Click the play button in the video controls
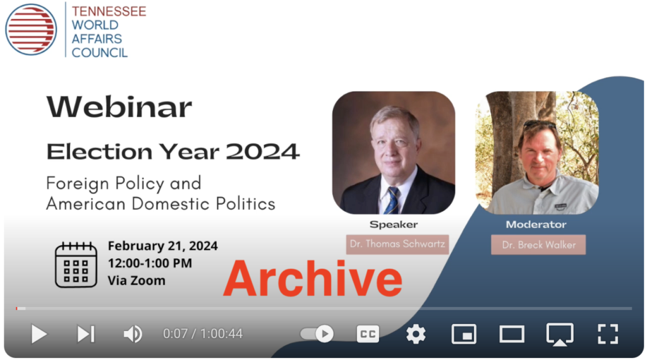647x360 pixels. coord(39,334)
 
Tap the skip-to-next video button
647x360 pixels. coord(86,334)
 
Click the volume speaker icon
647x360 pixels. coord(133,334)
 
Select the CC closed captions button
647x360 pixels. coord(368,334)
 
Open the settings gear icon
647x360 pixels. coord(416,334)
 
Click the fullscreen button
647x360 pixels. coord(608,334)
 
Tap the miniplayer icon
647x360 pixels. coord(464,334)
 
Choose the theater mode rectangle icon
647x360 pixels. coord(512,334)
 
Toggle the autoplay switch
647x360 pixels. coord(317,333)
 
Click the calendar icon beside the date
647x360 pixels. coord(76,265)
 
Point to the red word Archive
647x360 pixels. coord(313,279)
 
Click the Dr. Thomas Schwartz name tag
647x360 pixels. coord(397,244)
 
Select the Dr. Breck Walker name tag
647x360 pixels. coord(538,245)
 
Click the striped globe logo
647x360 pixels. coord(31,30)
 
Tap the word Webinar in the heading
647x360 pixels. coord(119,107)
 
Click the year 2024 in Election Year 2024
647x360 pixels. coord(262,152)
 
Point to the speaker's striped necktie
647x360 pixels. coord(391,200)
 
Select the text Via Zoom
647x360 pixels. coord(136,281)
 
